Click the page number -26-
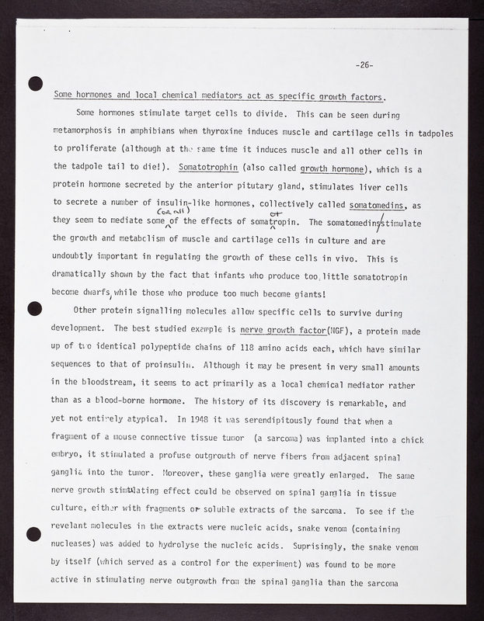pyautogui.click(x=364, y=64)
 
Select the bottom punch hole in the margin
pyautogui.click(x=33, y=533)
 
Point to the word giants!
pyautogui.click(x=309, y=294)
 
